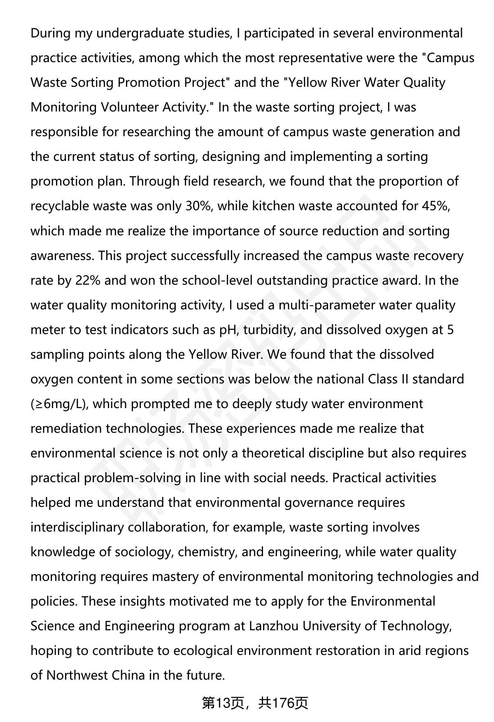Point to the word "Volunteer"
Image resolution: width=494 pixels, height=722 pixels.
pos(130,107)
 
